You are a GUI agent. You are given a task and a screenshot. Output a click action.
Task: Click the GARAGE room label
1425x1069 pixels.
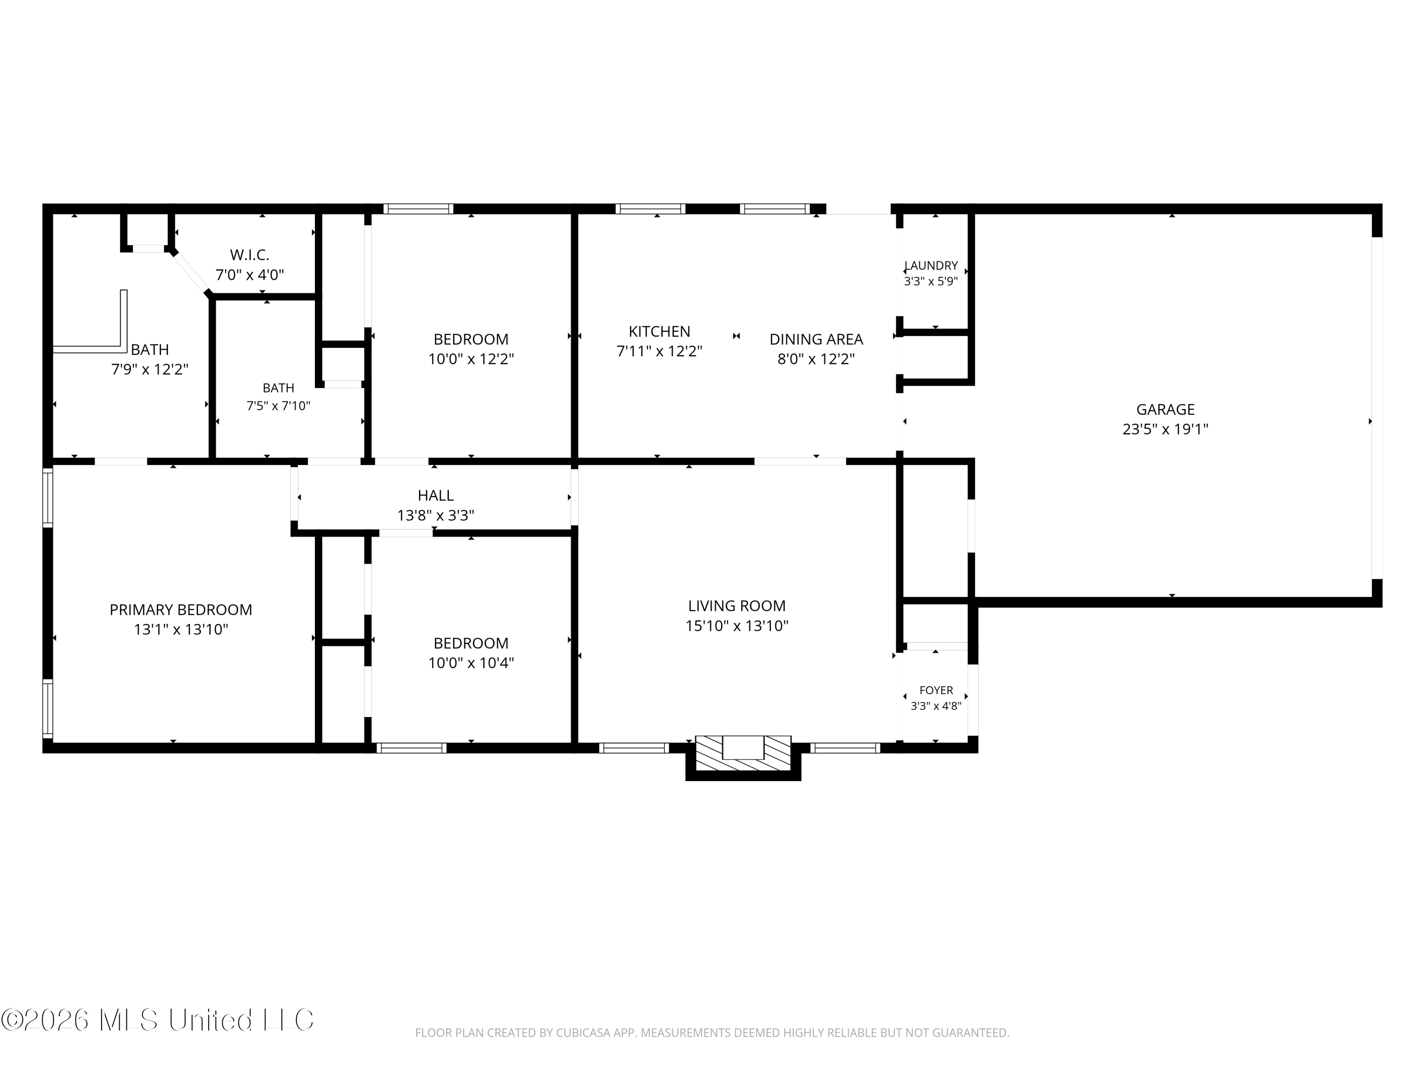click(x=1165, y=409)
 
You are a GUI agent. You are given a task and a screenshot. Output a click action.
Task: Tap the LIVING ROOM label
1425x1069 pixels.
click(x=736, y=606)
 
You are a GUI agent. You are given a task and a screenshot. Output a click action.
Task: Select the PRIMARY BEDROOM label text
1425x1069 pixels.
click(x=180, y=610)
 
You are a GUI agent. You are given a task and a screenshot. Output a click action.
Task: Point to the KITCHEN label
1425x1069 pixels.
click(x=659, y=331)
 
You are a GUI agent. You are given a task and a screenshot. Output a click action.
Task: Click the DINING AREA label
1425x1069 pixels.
click(x=816, y=339)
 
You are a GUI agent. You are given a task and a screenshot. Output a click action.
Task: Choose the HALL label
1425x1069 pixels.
click(x=436, y=496)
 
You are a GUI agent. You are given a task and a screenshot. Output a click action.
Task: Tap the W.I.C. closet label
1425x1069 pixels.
click(x=249, y=255)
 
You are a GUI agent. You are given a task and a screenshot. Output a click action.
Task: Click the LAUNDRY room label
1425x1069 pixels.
click(x=931, y=266)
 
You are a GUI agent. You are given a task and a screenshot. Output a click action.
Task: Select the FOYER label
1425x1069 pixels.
click(x=936, y=690)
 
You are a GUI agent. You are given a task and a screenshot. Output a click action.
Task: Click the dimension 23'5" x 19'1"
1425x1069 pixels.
click(x=1165, y=429)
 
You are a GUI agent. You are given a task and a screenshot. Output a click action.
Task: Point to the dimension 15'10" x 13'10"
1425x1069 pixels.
click(x=736, y=626)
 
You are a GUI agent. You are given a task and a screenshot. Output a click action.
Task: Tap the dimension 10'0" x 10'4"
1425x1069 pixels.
click(x=471, y=663)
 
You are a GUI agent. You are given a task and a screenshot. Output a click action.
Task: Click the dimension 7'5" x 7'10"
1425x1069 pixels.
click(x=278, y=406)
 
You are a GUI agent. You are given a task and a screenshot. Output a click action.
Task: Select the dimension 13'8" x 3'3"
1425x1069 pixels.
click(x=436, y=515)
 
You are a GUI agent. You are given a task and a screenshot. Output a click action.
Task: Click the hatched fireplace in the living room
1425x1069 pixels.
click(x=743, y=753)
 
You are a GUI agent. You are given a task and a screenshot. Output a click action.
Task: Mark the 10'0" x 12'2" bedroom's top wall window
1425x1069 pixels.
click(x=418, y=209)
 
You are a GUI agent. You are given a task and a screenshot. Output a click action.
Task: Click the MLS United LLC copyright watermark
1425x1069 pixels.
click(x=158, y=1020)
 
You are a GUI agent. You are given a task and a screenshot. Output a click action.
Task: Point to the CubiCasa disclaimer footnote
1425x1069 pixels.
click(x=712, y=1033)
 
